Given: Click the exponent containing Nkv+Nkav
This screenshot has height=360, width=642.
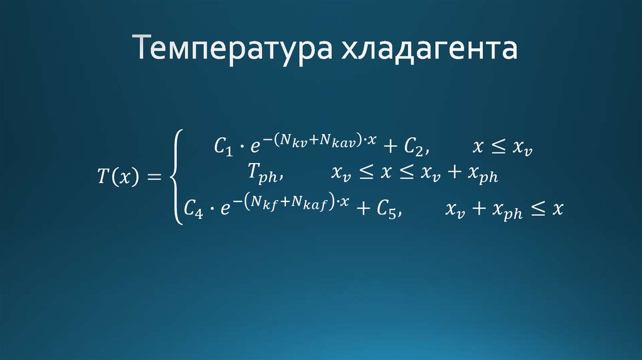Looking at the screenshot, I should [320, 140].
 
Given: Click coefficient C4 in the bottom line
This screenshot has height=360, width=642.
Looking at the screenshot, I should [194, 209].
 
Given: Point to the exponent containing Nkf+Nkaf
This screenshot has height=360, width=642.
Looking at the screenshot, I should [289, 201].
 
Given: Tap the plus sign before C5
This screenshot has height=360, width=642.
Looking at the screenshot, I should [362, 209].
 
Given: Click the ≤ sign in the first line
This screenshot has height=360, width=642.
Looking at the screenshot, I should [498, 147].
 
